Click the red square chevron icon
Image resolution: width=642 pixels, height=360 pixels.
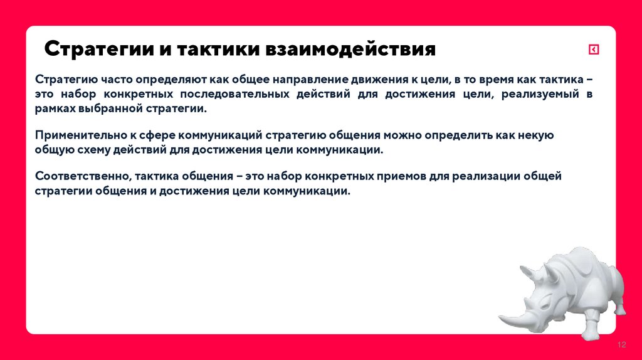pos(593,50)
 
